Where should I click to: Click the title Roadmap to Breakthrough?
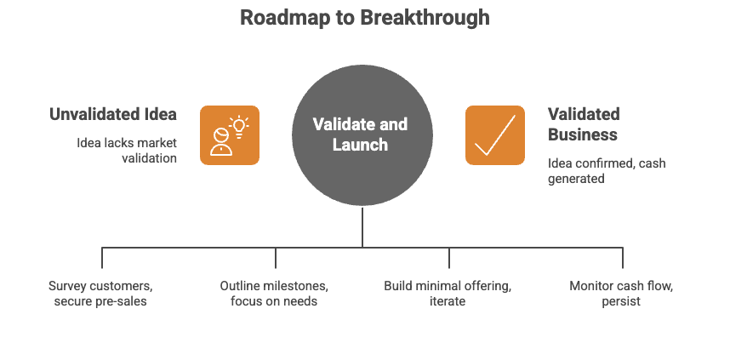364,17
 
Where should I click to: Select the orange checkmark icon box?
495,134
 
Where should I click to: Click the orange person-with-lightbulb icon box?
230,134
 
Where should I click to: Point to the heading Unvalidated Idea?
113,114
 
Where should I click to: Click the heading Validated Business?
583,124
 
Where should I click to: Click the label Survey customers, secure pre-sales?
100,293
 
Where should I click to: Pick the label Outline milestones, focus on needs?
274,293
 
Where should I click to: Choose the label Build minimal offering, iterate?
448,293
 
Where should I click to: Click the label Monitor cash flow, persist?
621,293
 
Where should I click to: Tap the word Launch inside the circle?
361,145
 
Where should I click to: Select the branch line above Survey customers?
102,258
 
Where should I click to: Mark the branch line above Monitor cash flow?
623,258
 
